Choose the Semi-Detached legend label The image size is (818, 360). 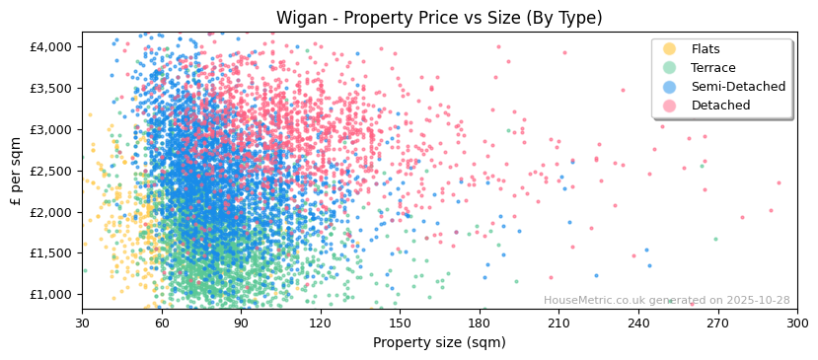tap(738, 87)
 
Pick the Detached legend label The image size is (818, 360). tap(720, 106)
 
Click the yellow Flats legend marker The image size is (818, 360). tap(670, 49)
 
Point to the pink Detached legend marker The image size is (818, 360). tap(670, 106)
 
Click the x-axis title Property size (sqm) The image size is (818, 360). tap(439, 343)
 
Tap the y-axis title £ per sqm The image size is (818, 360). tap(16, 172)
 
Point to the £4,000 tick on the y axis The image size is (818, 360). tap(50, 46)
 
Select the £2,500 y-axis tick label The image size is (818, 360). tap(50, 171)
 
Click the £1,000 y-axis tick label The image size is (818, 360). tap(50, 295)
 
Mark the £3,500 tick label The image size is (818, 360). tap(50, 88)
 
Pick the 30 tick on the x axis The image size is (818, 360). tap(82, 323)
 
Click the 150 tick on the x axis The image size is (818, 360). tap(400, 323)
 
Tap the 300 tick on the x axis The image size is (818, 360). tap(797, 323)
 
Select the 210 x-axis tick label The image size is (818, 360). tap(558, 323)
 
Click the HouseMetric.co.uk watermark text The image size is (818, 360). tap(666, 301)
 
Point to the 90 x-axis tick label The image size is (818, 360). tap(241, 323)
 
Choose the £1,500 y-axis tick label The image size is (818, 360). tap(50, 253)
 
